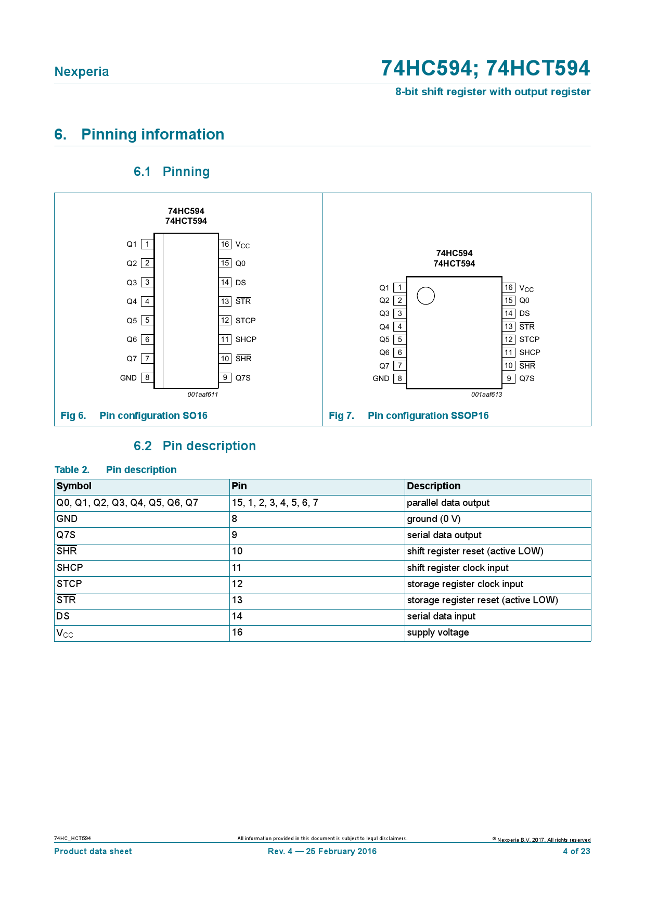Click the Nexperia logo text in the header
82,72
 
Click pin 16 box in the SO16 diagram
225,244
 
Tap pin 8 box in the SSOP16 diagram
399,378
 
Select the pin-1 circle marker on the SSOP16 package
425,296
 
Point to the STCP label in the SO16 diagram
246,321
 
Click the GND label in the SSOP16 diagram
381,378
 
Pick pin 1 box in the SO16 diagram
147,244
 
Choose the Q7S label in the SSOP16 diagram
526,378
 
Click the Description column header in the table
433,486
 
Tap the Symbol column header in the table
74,486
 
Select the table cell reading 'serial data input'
441,616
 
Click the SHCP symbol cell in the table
70,568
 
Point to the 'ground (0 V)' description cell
433,519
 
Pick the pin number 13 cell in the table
237,600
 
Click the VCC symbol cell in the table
65,633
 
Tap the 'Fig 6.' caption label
73,415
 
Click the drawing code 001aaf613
486,395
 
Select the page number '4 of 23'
576,852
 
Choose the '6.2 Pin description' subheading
195,446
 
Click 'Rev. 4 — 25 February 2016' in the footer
322,852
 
